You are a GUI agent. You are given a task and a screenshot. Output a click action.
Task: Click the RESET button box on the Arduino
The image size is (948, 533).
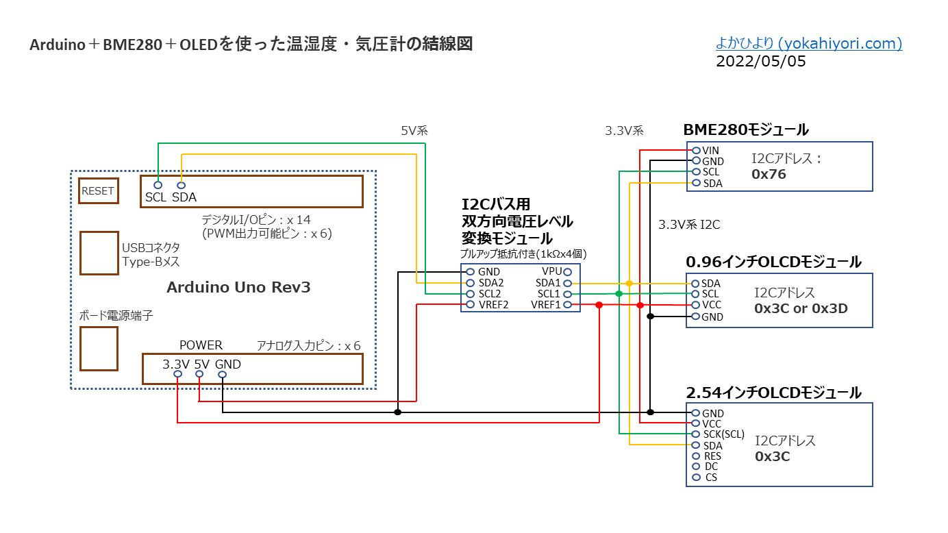[x=98, y=191]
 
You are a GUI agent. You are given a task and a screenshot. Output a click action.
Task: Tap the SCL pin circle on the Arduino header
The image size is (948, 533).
[x=158, y=185]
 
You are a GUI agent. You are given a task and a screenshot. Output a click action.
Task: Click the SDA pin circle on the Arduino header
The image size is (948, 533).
[x=182, y=185]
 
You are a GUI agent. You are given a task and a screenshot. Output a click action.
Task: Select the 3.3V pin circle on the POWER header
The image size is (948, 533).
[x=177, y=375]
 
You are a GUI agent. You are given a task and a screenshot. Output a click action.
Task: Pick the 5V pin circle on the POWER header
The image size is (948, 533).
[x=199, y=375]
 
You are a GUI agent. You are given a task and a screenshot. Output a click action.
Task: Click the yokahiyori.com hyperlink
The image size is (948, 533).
[x=808, y=44]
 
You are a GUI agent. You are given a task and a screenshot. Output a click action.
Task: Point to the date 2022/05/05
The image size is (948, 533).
[x=760, y=62]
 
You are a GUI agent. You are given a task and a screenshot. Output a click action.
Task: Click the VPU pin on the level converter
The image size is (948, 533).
[x=567, y=271]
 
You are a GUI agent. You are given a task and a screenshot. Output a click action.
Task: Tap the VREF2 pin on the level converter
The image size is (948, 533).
[x=471, y=304]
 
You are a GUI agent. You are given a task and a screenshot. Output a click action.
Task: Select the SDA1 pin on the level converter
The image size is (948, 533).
[x=567, y=283]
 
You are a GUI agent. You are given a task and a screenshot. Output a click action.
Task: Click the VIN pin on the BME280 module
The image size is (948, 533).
[x=696, y=150]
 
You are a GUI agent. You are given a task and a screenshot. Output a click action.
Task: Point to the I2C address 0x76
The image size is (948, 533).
[x=769, y=174]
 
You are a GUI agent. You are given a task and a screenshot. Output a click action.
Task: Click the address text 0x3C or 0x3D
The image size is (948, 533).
[x=801, y=308]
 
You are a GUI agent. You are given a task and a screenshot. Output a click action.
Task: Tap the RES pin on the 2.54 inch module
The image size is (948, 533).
[x=696, y=456]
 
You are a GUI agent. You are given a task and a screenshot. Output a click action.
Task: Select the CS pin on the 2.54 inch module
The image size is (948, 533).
[x=696, y=477]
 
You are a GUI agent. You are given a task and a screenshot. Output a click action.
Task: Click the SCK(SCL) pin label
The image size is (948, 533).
[x=723, y=434]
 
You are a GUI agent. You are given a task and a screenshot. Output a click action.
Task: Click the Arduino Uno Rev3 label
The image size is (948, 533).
[x=238, y=287]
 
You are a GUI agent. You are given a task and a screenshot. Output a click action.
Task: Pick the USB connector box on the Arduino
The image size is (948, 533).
[x=99, y=253]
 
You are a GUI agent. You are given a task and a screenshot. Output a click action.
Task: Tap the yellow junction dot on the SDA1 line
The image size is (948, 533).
[x=629, y=283]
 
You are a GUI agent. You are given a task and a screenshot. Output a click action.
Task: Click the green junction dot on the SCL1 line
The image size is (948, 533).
[x=619, y=293]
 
